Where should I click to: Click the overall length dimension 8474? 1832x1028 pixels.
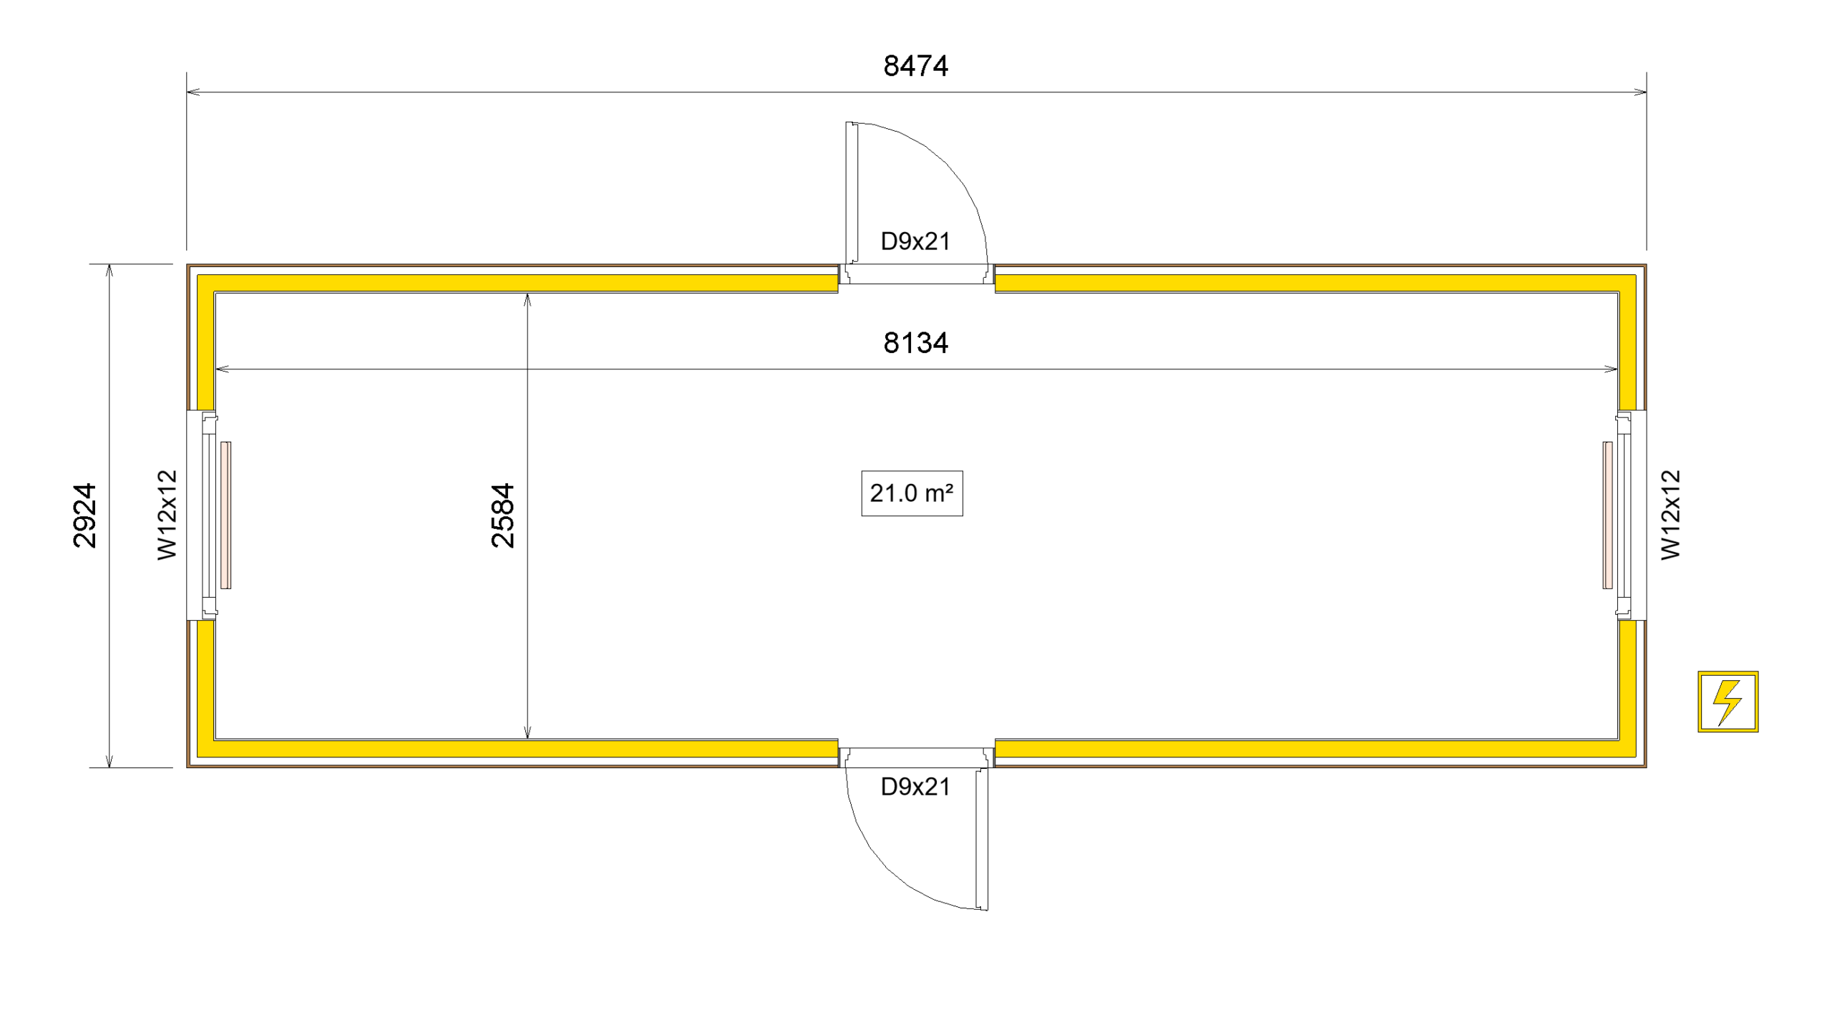(915, 66)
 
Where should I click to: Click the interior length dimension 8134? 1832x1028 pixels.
(915, 343)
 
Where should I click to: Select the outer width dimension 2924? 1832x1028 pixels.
(84, 515)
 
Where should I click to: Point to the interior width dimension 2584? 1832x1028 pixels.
(502, 515)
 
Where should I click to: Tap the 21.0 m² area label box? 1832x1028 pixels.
(912, 493)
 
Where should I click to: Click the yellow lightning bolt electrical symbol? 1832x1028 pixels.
(1728, 702)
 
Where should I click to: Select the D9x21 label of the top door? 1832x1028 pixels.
(915, 241)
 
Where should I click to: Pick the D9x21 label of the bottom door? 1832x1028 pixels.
(915, 787)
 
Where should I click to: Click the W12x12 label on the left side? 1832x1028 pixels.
(167, 515)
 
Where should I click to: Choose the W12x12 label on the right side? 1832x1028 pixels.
(1670, 515)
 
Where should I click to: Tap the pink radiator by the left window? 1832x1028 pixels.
(225, 515)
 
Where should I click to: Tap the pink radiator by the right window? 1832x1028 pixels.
(1607, 515)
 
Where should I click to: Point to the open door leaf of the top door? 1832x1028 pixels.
(851, 193)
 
